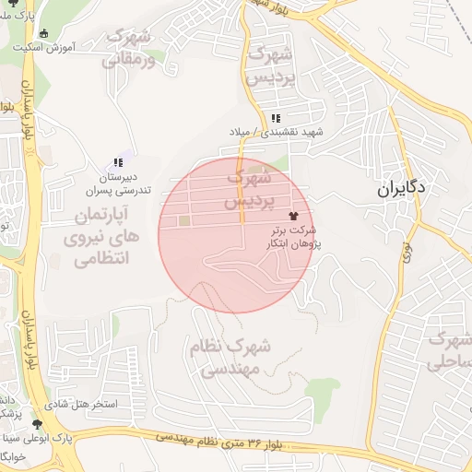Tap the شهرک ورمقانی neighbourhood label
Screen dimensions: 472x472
pos(136,47)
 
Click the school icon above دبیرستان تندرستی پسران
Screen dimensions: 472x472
pos(118,163)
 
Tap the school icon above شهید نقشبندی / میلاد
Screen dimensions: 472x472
pos(277,118)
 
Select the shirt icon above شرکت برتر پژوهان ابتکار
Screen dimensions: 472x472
pos(306,214)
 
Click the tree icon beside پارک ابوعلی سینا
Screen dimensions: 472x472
pos(37,424)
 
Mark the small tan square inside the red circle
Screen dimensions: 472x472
pos(184,221)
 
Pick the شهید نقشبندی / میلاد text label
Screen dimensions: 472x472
pos(277,133)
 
